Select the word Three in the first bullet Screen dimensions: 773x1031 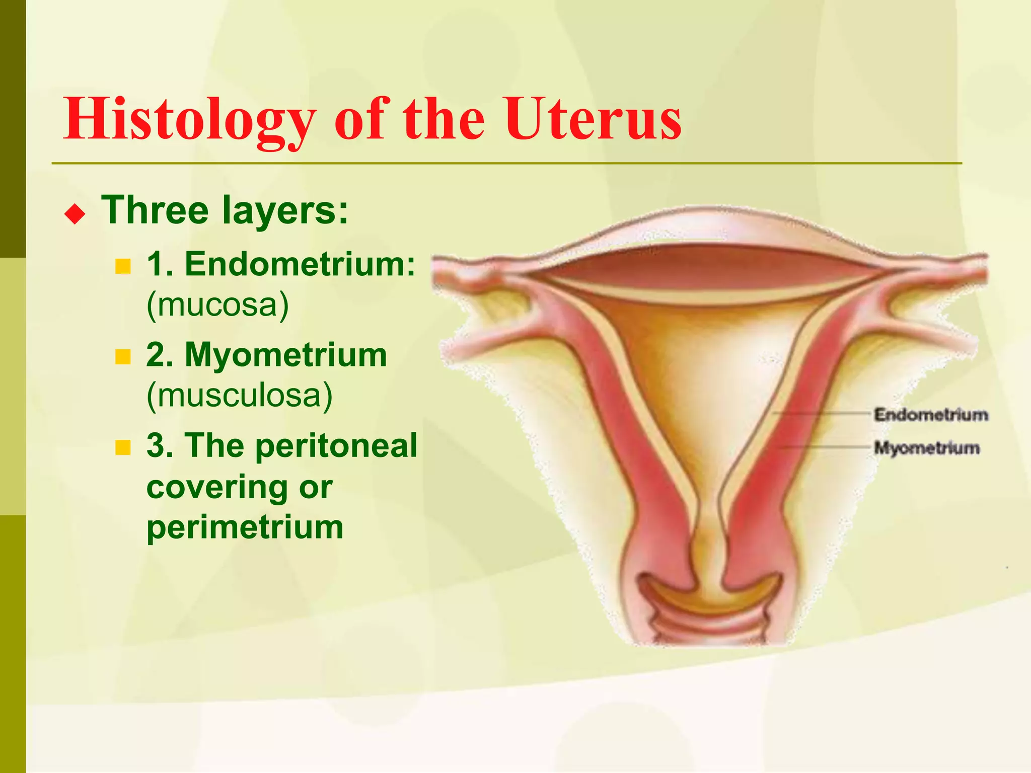(x=155, y=210)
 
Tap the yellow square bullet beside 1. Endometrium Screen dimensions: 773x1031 (x=123, y=266)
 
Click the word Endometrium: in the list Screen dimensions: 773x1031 (x=300, y=264)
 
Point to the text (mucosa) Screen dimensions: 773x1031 (x=217, y=304)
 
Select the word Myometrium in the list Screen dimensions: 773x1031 (x=286, y=355)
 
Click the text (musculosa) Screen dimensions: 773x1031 (x=240, y=395)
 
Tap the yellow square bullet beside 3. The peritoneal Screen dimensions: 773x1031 (x=123, y=447)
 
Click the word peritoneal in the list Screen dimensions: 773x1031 (x=336, y=446)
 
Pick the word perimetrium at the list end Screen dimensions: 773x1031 (x=245, y=527)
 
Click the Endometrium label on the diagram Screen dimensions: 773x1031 (x=931, y=415)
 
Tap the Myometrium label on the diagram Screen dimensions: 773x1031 (x=927, y=448)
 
